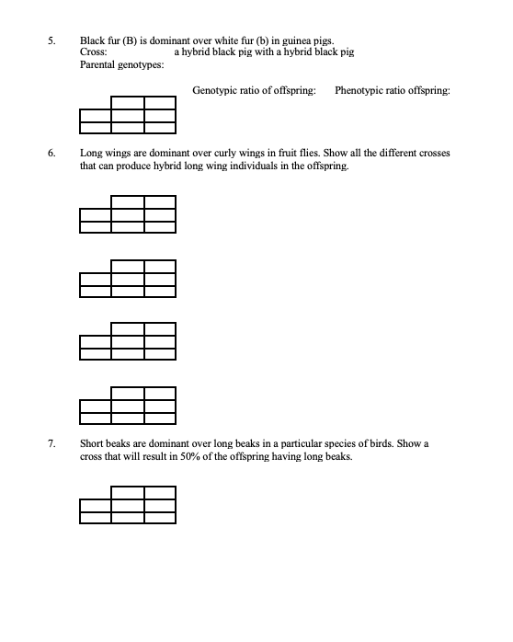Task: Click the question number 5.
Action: click(x=52, y=40)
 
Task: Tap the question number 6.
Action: click(x=52, y=153)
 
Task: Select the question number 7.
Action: click(x=52, y=443)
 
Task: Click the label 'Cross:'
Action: click(x=94, y=52)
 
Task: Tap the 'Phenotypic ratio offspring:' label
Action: click(x=393, y=90)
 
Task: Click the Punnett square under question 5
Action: click(x=128, y=116)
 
